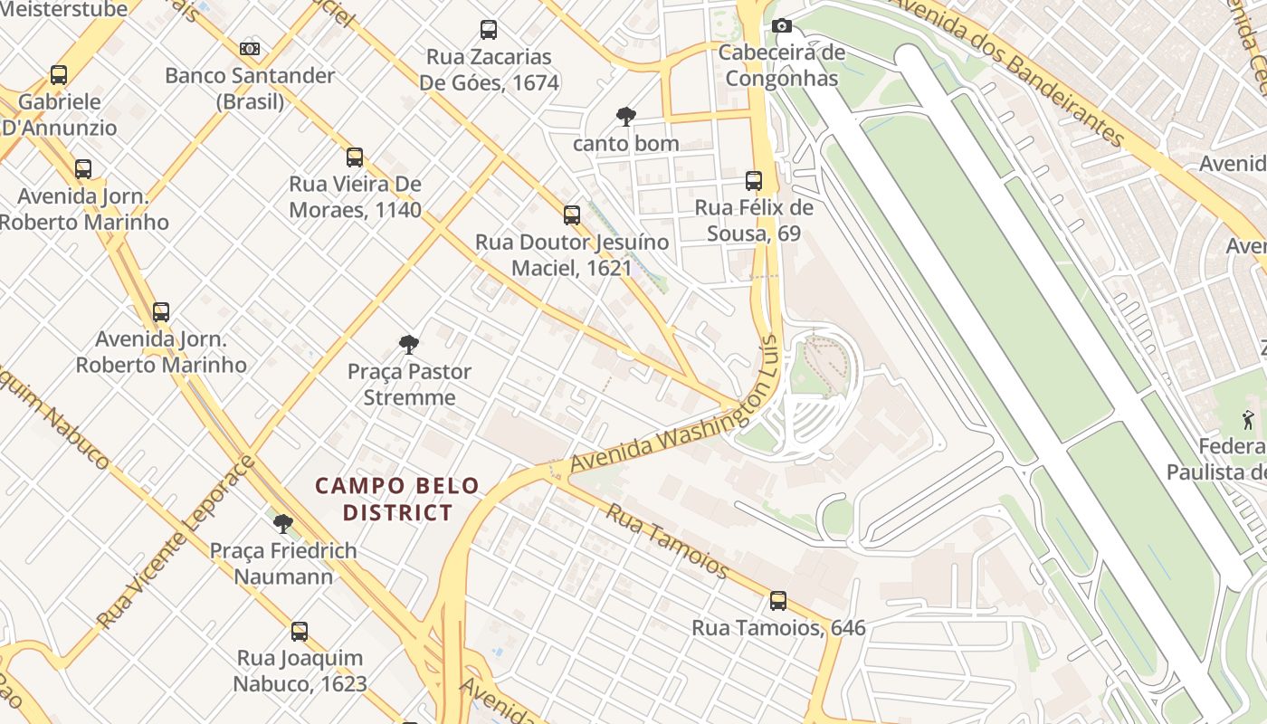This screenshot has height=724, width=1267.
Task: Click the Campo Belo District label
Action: [x=396, y=500]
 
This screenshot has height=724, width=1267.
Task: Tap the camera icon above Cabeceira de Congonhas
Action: [x=782, y=26]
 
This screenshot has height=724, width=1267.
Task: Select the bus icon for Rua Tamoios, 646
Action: [x=777, y=601]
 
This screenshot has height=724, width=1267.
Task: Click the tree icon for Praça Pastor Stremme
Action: [x=409, y=344]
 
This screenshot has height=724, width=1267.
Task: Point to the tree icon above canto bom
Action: [x=625, y=116]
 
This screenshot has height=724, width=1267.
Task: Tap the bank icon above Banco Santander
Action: [x=250, y=49]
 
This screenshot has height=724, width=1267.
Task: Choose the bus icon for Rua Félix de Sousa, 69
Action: [x=754, y=181]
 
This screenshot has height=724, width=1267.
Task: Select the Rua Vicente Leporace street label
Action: [x=177, y=543]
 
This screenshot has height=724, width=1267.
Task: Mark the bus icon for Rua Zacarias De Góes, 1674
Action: [x=489, y=30]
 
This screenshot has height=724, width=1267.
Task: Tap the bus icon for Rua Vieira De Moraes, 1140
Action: [x=355, y=157]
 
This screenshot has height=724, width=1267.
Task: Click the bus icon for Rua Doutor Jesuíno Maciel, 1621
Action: [x=572, y=215]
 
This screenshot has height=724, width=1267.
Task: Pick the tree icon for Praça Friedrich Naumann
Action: [x=283, y=523]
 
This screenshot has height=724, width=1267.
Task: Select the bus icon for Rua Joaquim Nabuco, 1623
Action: [x=300, y=631]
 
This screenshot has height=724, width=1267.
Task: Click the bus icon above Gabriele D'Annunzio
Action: [x=59, y=75]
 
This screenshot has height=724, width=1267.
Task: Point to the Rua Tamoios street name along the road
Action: [x=667, y=540]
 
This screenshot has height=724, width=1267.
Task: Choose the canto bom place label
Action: [x=625, y=143]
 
